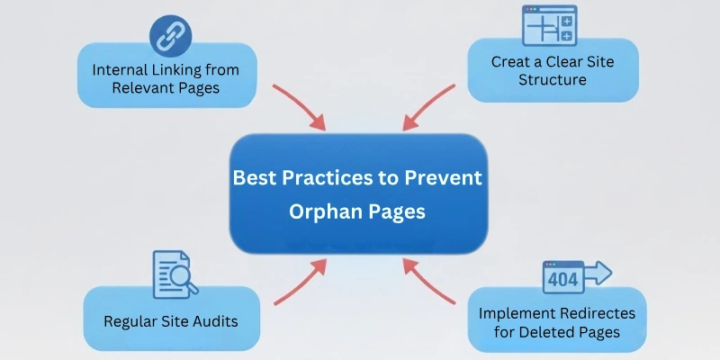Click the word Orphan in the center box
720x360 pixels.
pos(321,211)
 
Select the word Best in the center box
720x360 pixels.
pos(255,177)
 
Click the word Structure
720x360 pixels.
pos(553,80)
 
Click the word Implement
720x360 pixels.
pos(513,314)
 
